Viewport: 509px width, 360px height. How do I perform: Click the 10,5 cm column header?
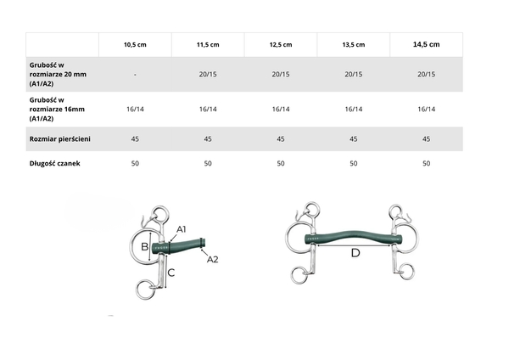click(135, 44)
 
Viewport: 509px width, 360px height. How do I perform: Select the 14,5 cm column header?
click(426, 44)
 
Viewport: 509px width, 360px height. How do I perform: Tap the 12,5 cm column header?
click(281, 44)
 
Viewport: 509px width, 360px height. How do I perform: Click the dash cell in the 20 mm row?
click(135, 75)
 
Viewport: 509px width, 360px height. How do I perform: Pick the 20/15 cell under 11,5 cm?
click(208, 75)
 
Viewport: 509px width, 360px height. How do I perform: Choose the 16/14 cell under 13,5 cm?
click(354, 110)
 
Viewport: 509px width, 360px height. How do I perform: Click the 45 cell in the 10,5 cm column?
click(135, 139)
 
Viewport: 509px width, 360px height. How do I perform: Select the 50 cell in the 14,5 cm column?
click(426, 163)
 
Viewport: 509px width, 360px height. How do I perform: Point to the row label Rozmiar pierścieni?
click(60, 139)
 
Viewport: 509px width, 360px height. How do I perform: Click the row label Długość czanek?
click(55, 163)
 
